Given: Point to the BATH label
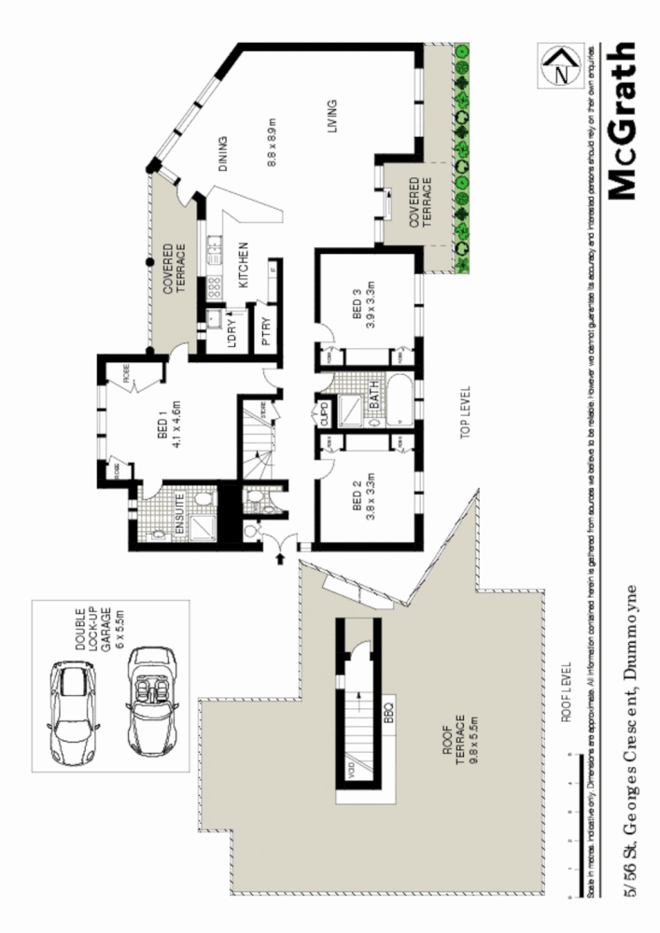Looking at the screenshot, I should click(x=372, y=402).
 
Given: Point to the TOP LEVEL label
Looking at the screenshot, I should click(x=465, y=412).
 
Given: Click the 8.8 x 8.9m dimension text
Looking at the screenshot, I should click(x=273, y=140).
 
